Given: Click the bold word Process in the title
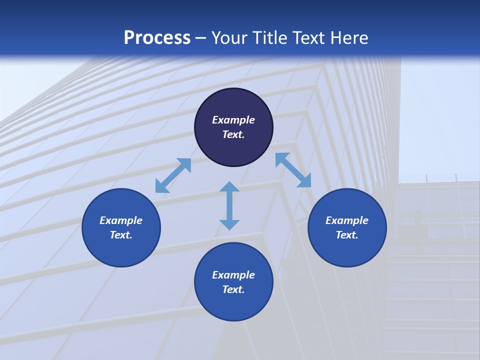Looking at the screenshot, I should [x=157, y=38].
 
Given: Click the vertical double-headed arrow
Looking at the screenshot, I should [x=229, y=205].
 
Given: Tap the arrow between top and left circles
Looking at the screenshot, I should [x=173, y=175].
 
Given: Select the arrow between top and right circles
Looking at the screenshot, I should [x=293, y=170].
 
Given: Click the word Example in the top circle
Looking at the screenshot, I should [x=233, y=120].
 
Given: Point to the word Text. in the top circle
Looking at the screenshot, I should [x=233, y=134].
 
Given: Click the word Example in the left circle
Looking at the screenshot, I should [x=121, y=220].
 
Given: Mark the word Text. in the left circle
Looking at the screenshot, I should [x=121, y=235].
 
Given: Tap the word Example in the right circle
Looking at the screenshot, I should [x=347, y=220].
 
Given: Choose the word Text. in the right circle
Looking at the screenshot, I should [x=347, y=235].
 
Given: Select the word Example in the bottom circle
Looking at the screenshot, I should [x=233, y=275].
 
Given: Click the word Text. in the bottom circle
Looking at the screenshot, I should [x=233, y=289].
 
